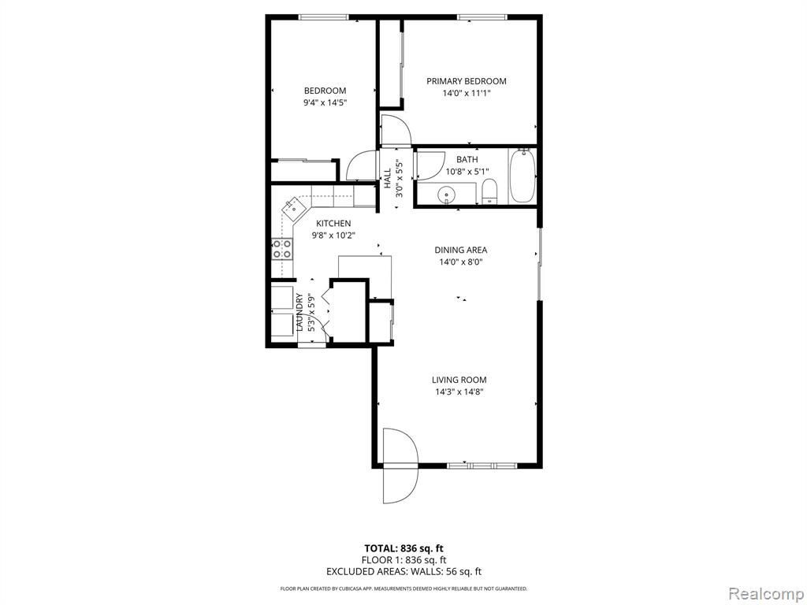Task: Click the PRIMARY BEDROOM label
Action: tap(467, 81)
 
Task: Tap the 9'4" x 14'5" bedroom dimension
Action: tap(325, 102)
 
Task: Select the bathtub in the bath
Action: tap(523, 176)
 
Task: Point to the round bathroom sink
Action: tap(446, 195)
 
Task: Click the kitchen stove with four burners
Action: tap(282, 250)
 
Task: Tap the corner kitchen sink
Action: tap(293, 208)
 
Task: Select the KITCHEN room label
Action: tap(333, 223)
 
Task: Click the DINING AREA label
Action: tap(460, 250)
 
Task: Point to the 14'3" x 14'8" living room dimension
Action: tap(459, 392)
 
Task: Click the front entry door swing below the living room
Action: tap(400, 466)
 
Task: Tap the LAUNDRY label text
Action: tap(299, 312)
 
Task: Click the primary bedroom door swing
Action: tap(396, 130)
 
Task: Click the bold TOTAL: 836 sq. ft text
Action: tap(403, 548)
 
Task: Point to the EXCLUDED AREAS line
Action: tap(403, 571)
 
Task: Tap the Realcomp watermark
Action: tap(765, 593)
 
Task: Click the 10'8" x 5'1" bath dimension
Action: tap(467, 171)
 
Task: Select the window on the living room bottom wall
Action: tap(482, 466)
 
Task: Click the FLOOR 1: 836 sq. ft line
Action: tap(403, 560)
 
